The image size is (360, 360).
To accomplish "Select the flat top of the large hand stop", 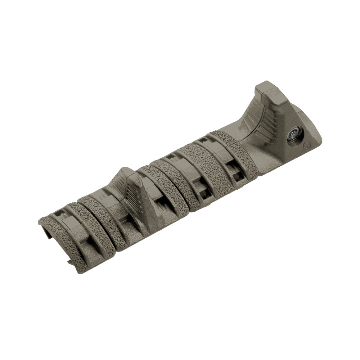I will (267, 93).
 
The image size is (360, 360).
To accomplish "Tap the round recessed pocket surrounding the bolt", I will (295, 136).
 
